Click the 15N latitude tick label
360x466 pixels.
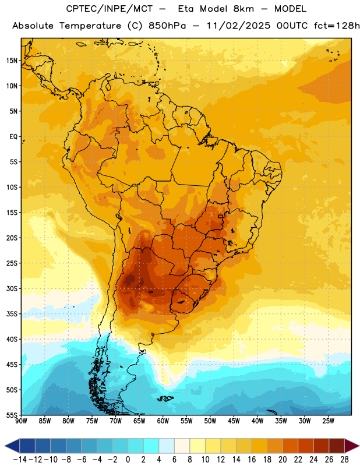pyautogui.click(x=12, y=61)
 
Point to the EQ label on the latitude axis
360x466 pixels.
pyautogui.click(x=13, y=137)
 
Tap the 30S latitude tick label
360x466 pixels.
pyautogui.click(x=12, y=288)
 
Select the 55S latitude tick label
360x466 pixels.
pyautogui.click(x=12, y=415)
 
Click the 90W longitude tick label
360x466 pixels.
pyautogui.click(x=21, y=421)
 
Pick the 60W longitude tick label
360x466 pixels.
pyautogui.click(x=163, y=421)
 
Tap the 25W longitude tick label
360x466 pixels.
pyautogui.click(x=328, y=421)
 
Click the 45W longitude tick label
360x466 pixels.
pyautogui.click(x=234, y=421)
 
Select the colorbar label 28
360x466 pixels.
pyautogui.click(x=344, y=460)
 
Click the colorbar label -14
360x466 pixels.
pyautogui.click(x=20, y=460)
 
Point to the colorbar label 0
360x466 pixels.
pyautogui.click(x=128, y=460)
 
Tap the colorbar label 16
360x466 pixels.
pyautogui.click(x=252, y=460)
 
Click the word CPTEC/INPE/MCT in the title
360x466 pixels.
pyautogui.click(x=109, y=9)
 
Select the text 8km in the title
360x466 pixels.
pyautogui.click(x=243, y=9)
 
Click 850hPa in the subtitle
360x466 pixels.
pyautogui.click(x=167, y=26)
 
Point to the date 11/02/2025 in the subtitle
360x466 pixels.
pyautogui.click(x=238, y=26)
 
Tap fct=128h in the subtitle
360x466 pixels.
pyautogui.click(x=337, y=26)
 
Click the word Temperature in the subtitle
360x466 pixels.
pyautogui.click(x=90, y=26)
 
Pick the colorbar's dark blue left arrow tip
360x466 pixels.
pyautogui.click(x=5, y=446)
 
